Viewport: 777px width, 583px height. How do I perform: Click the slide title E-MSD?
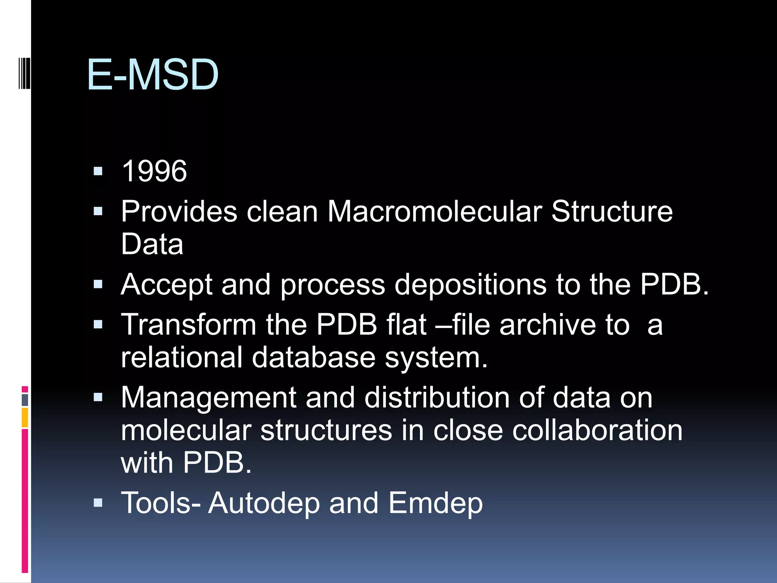pyautogui.click(x=153, y=75)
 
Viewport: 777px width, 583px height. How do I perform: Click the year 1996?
pyautogui.click(x=154, y=171)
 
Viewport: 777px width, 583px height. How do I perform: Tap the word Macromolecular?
pyautogui.click(x=434, y=211)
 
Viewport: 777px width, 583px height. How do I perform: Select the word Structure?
pyautogui.click(x=612, y=211)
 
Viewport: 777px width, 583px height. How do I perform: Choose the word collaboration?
pyautogui.click(x=597, y=430)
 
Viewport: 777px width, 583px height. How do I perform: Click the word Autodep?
pyautogui.click(x=264, y=503)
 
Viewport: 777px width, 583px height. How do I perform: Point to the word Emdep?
pyautogui.click(x=435, y=503)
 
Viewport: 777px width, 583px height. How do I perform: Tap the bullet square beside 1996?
pyautogui.click(x=98, y=172)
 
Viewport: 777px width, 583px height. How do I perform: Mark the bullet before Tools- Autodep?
pyautogui.click(x=98, y=503)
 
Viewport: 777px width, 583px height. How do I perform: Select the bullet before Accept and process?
pyautogui.click(x=98, y=284)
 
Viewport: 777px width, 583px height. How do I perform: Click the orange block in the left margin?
pyautogui.click(x=25, y=418)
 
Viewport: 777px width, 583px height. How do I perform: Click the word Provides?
pyautogui.click(x=179, y=211)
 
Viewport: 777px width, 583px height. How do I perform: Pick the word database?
pyautogui.click(x=313, y=357)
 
